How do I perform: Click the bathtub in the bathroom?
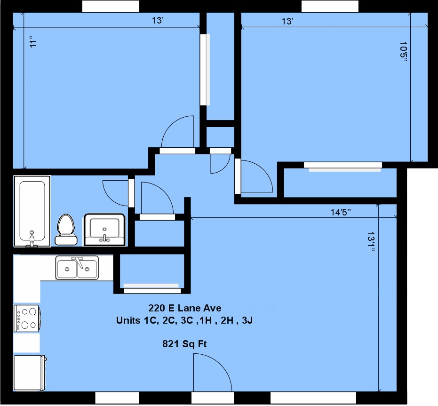32,211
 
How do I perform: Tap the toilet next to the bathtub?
66,230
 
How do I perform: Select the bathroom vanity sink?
105,230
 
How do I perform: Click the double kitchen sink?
77,268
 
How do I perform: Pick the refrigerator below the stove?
30,373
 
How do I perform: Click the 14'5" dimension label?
341,212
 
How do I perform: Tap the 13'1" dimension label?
371,242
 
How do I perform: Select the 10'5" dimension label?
403,53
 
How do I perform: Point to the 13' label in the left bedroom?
158,20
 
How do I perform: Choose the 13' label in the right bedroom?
287,21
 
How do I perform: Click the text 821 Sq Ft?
184,344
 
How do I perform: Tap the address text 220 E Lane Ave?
184,308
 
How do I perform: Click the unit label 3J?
247,320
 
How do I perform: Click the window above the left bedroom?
111,6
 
